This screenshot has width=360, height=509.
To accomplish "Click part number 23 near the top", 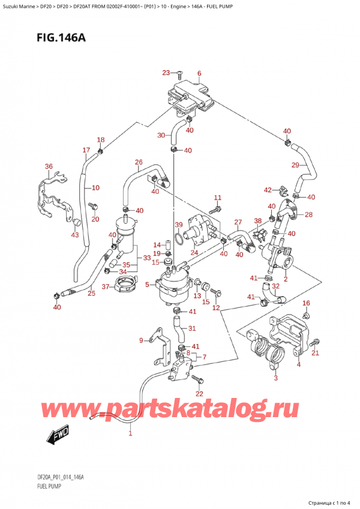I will (x=166, y=73).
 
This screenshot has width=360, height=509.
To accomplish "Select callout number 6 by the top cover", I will (x=199, y=74).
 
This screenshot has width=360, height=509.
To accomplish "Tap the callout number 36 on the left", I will (x=49, y=166).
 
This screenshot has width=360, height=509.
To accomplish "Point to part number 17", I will (x=86, y=150).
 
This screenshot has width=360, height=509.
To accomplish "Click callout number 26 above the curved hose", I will (x=139, y=162).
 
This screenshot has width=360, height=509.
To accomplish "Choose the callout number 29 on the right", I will (x=295, y=165).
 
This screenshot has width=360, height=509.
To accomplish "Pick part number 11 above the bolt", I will (x=217, y=197).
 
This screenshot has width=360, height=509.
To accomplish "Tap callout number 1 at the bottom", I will (x=131, y=433).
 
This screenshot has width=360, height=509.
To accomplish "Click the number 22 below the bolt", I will (x=199, y=393).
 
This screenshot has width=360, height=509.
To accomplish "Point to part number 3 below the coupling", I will (x=275, y=378).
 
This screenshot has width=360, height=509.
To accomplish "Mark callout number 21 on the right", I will (x=315, y=352).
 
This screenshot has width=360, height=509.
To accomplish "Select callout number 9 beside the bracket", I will (x=142, y=341).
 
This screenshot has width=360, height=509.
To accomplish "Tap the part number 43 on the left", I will (x=74, y=235).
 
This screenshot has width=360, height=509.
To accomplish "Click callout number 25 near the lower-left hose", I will (x=91, y=294).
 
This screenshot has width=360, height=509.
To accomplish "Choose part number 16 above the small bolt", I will (x=306, y=303).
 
